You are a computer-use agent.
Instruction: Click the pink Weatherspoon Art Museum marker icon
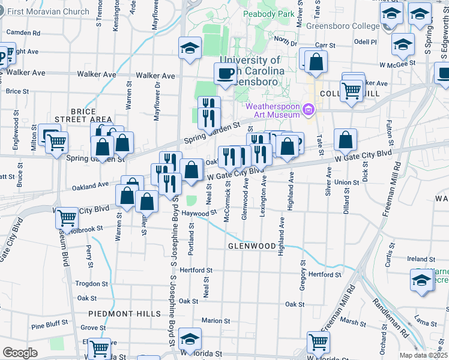point(309,109)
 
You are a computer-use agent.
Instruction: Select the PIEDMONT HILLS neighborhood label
point(125,314)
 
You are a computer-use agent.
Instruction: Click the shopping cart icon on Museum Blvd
point(67,217)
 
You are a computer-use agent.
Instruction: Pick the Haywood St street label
point(198,214)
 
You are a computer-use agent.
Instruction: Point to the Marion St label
point(212,321)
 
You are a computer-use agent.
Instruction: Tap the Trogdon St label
point(91,284)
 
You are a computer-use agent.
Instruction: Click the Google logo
point(20,353)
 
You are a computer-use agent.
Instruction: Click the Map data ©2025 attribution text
point(424,355)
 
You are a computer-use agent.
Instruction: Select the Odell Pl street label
point(365,42)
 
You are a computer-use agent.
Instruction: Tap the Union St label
point(346,182)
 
